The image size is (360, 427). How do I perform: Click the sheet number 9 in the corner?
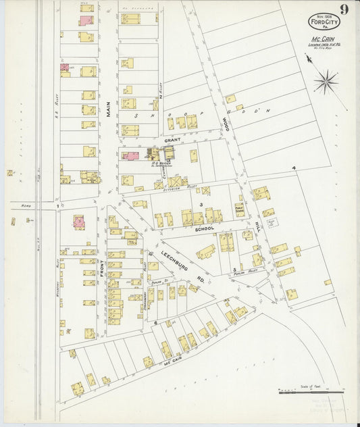tap(344, 9)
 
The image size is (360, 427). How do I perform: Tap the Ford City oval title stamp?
tap(324, 22)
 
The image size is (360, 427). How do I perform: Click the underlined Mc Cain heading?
tap(326, 39)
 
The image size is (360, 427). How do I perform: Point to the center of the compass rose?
tap(326, 82)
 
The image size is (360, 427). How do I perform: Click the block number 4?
tap(294, 167)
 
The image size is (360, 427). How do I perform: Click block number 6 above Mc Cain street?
tap(155, 323)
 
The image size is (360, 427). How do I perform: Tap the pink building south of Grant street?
tap(131, 155)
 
